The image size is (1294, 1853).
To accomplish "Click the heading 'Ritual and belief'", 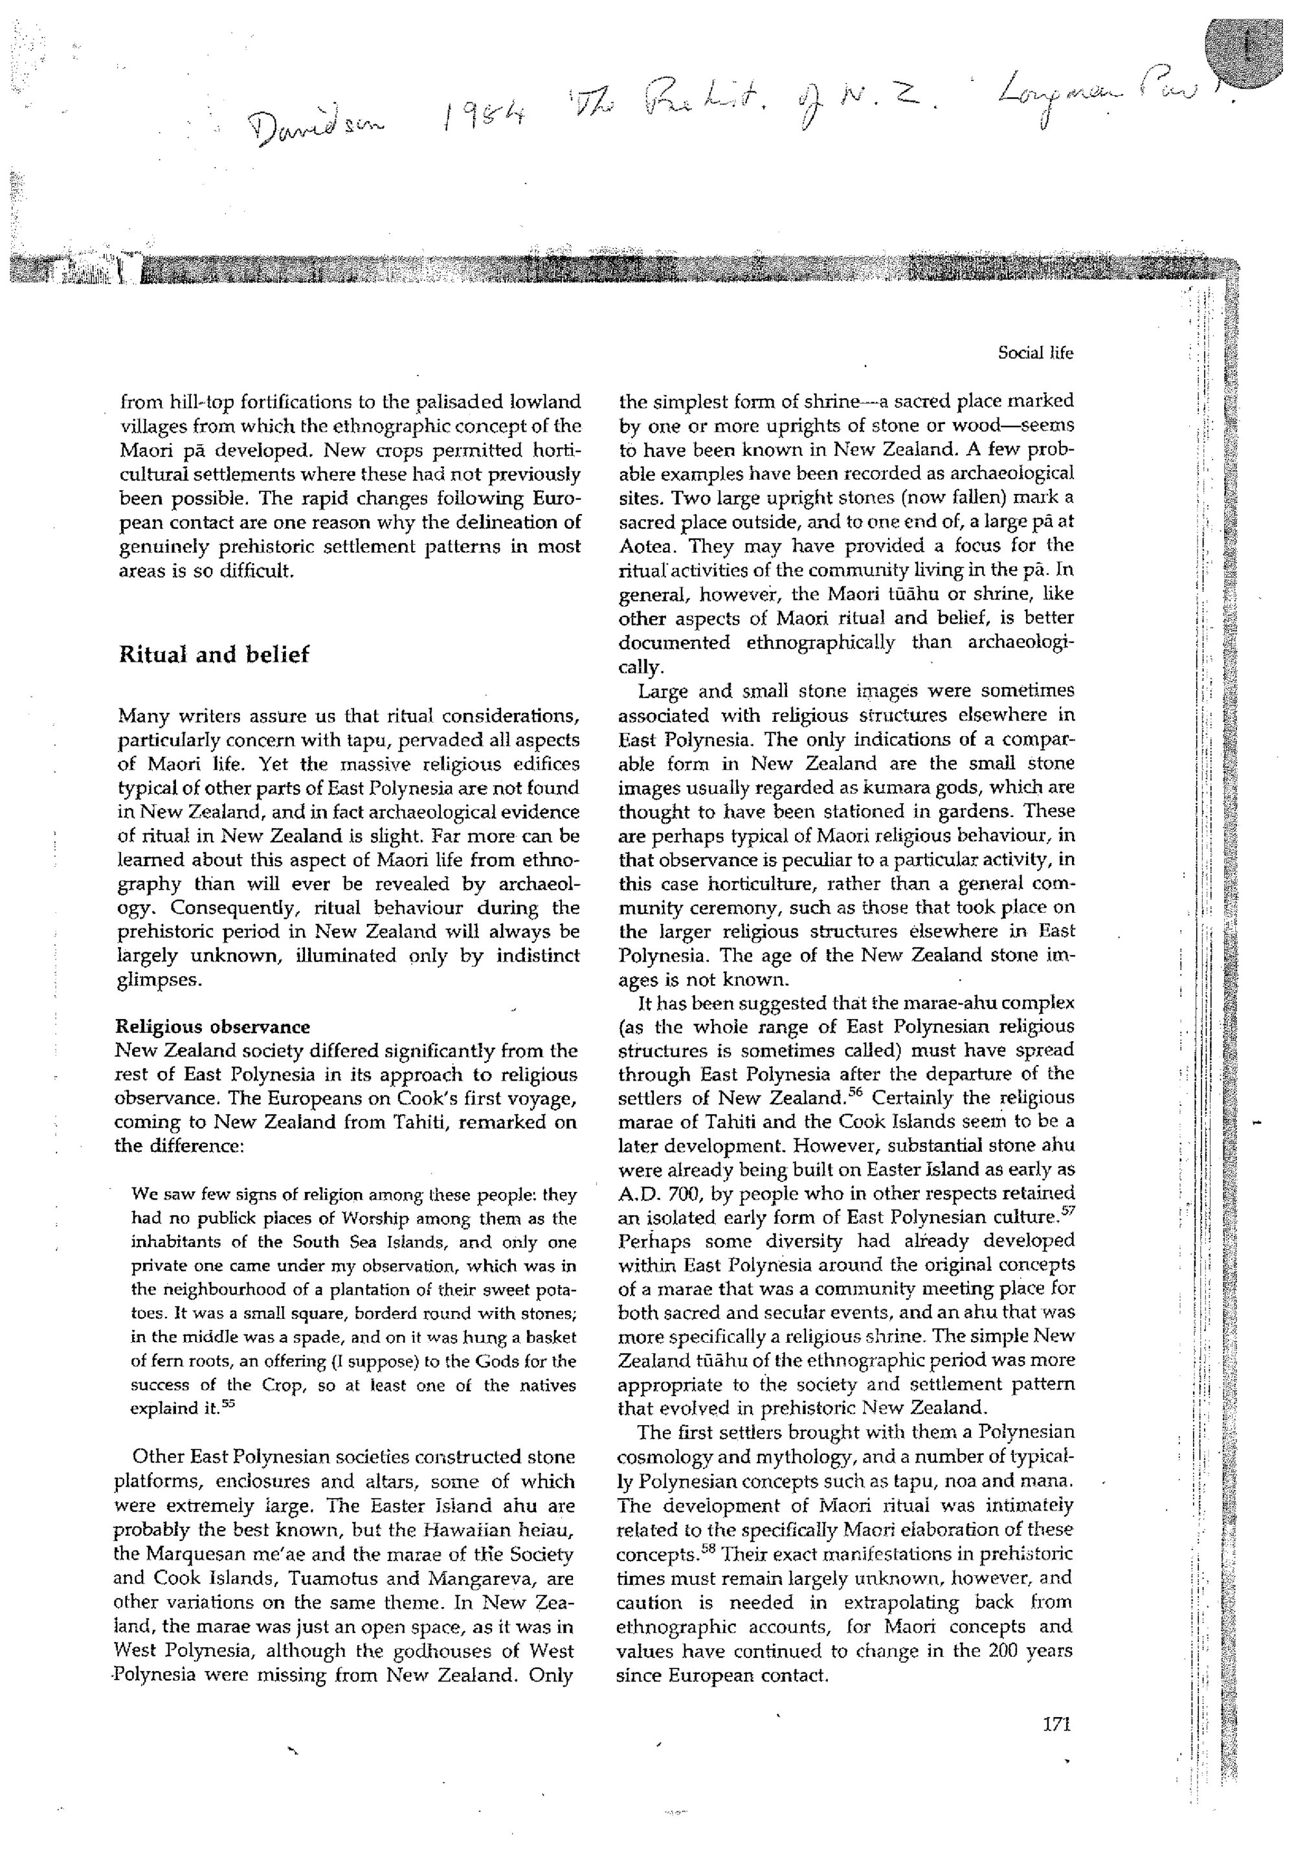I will (x=214, y=655).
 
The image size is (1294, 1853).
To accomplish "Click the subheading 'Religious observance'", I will (x=213, y=1027).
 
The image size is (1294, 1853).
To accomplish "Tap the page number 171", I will (x=1055, y=1725).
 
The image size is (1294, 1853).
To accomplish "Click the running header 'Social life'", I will (x=1035, y=353).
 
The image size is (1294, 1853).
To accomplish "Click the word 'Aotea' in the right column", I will (x=643, y=545).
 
